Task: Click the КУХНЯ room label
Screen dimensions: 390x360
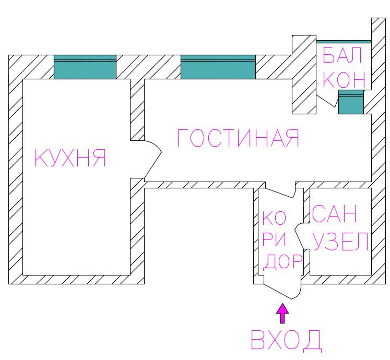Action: (70, 158)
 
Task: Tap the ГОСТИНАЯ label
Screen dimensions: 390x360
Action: (239, 138)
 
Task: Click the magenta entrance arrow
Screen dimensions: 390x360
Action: (282, 314)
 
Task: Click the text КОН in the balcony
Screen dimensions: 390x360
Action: (344, 79)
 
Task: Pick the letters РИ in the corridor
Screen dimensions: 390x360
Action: (274, 240)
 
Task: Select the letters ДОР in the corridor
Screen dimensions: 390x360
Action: (282, 261)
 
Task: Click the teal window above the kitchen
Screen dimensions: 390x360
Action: (85, 67)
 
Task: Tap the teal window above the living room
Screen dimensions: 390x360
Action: (218, 67)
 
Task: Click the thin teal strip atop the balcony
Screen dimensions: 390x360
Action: (344, 41)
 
